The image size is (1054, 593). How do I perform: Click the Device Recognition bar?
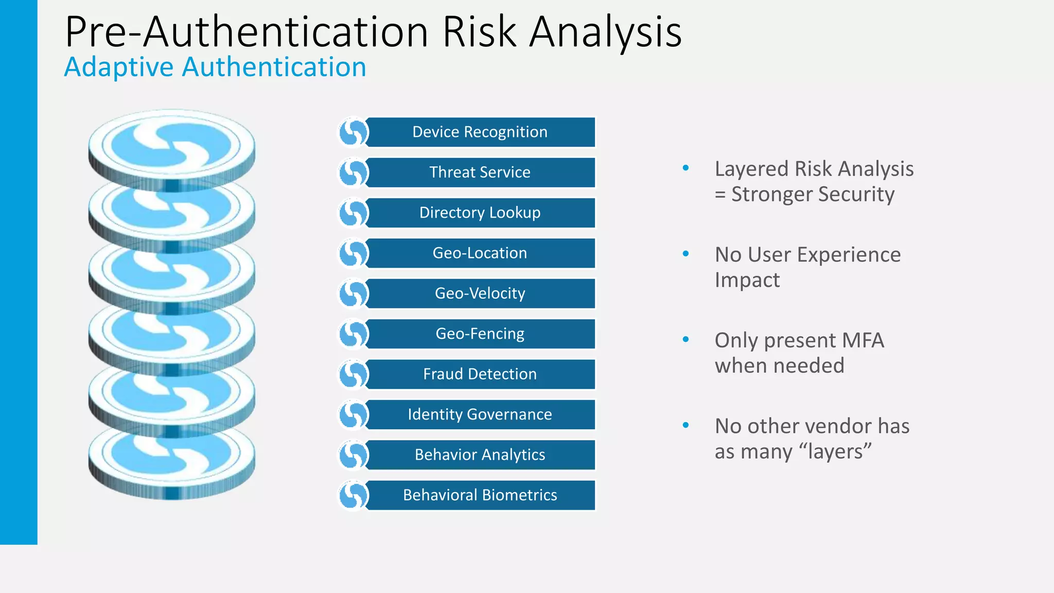[480, 132]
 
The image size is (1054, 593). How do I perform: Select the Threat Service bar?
[480, 172]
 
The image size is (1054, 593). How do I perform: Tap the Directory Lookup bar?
[480, 213]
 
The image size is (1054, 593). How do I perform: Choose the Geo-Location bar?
[480, 253]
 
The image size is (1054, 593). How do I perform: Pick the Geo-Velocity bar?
[480, 293]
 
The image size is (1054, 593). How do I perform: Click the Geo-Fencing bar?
[480, 334]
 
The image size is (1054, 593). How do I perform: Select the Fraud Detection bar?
[480, 374]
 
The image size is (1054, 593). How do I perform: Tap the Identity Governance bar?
[480, 414]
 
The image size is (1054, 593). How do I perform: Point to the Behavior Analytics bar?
[480, 455]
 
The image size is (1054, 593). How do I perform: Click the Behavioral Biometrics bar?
[480, 495]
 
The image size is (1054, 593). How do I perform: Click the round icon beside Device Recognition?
[353, 132]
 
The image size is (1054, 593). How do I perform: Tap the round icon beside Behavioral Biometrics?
[353, 495]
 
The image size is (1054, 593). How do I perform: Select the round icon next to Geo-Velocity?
[353, 293]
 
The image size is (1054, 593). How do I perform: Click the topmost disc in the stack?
[171, 144]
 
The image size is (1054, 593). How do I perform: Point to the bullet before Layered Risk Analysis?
[686, 168]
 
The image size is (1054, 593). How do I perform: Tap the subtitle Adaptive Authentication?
[215, 67]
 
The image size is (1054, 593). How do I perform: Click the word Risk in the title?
[479, 32]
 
